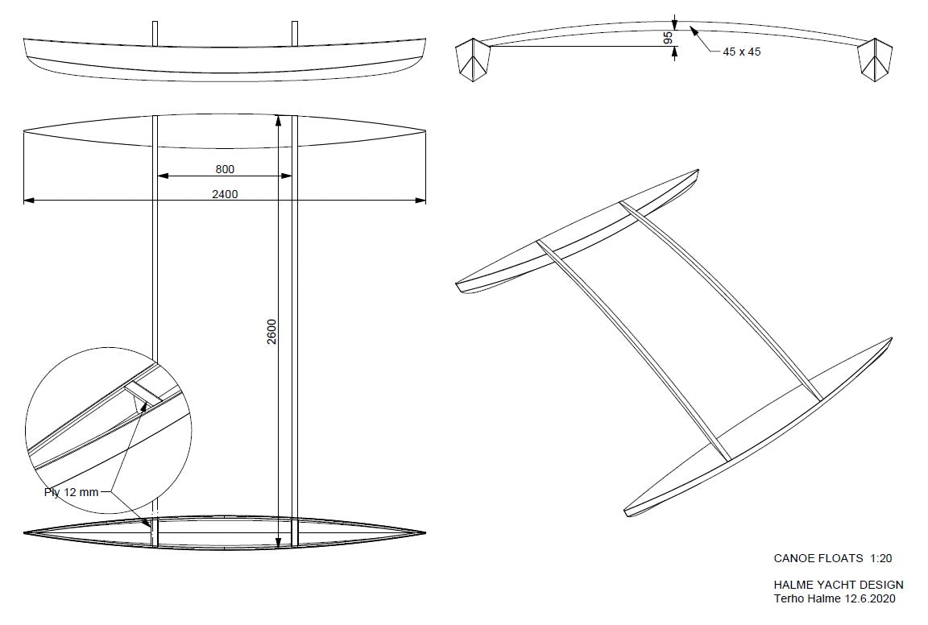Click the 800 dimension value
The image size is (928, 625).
tap(225, 169)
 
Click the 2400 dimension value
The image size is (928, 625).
tap(225, 194)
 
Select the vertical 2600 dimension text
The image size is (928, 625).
tap(271, 332)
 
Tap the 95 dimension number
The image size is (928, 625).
tap(668, 38)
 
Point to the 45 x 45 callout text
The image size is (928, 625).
tap(742, 52)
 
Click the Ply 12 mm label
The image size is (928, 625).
tap(71, 492)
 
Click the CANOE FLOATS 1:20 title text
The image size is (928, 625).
tap(833, 558)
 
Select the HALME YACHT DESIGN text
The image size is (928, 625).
tap(839, 586)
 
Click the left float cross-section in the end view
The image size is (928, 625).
tap(473, 59)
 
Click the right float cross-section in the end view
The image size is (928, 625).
tap(875, 59)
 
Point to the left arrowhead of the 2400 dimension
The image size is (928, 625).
tap(28, 201)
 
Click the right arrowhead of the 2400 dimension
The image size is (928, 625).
tap(420, 201)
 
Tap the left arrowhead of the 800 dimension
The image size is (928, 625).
tap(162, 176)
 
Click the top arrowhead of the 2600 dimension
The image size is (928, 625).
tap(278, 121)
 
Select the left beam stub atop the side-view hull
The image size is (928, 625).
tap(155, 33)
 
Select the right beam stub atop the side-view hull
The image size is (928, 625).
tap(295, 33)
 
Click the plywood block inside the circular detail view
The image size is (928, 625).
tap(144, 392)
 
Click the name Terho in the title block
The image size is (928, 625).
tap(789, 598)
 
